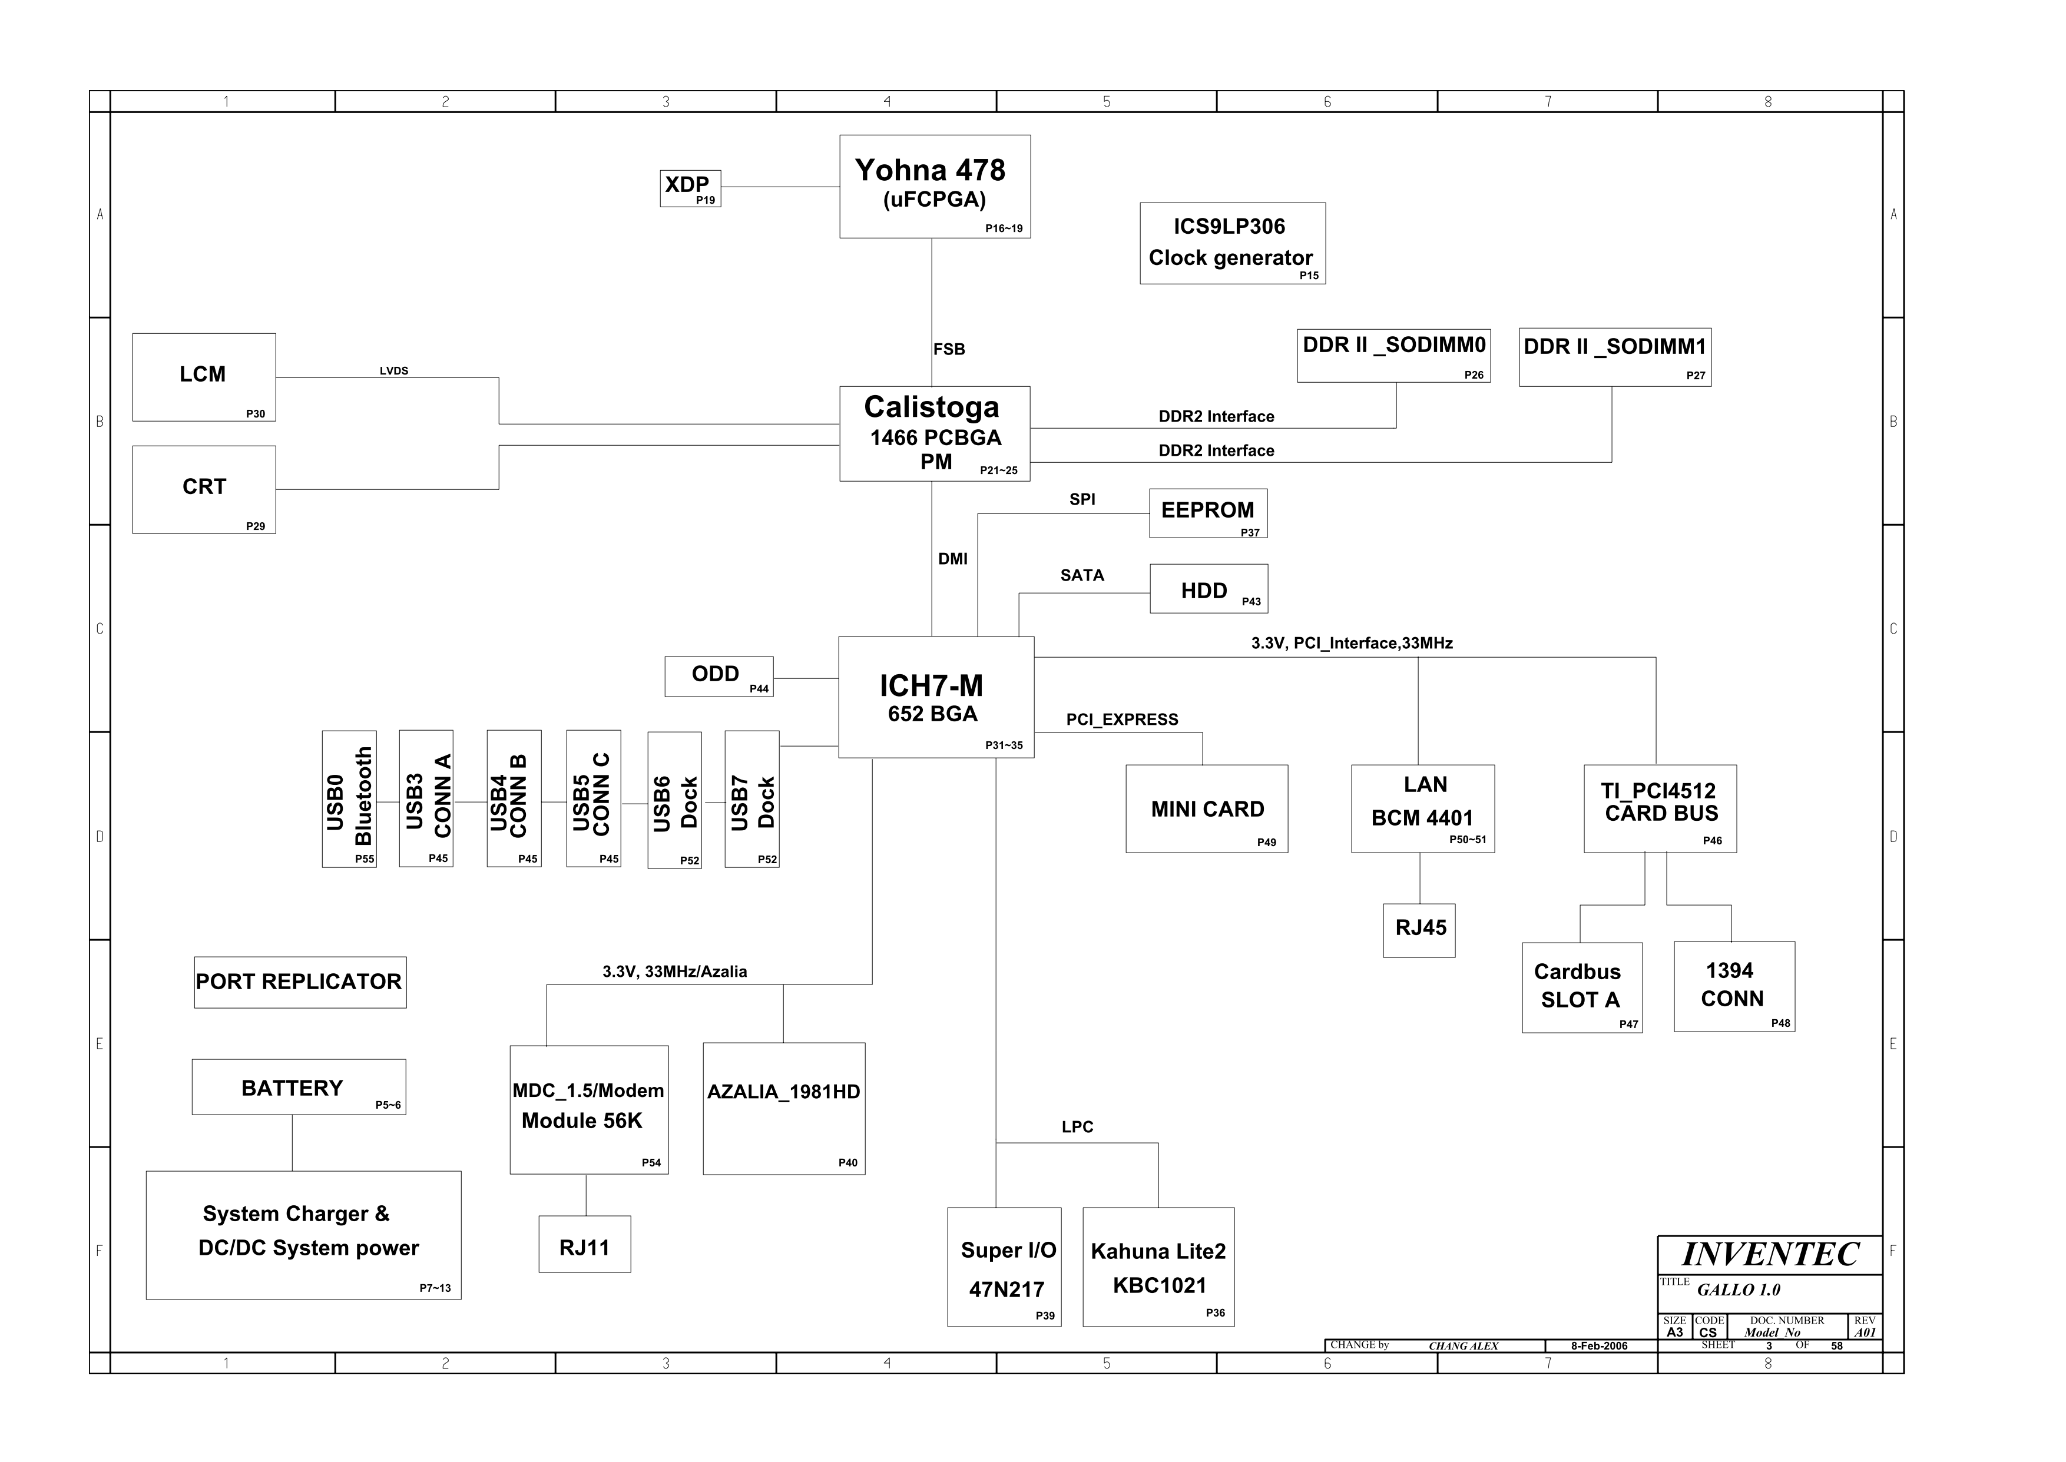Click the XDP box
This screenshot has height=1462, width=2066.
(690, 188)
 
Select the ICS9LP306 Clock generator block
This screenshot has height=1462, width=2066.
(1233, 243)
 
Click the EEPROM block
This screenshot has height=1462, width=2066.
(1208, 513)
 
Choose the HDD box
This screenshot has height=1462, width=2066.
(1209, 589)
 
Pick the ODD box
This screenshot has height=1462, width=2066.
(719, 676)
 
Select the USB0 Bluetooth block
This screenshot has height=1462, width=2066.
(349, 798)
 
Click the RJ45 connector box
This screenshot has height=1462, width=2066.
(1420, 930)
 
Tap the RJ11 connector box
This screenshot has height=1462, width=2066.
(585, 1244)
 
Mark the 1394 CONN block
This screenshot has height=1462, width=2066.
(1734, 987)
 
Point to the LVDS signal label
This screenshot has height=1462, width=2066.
(395, 371)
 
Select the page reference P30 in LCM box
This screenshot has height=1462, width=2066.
(256, 414)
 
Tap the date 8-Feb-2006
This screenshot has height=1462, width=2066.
(1600, 1346)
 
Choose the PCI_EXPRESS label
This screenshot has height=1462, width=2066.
(1122, 720)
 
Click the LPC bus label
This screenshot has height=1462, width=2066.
(1078, 1127)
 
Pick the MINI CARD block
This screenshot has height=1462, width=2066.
(1207, 810)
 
